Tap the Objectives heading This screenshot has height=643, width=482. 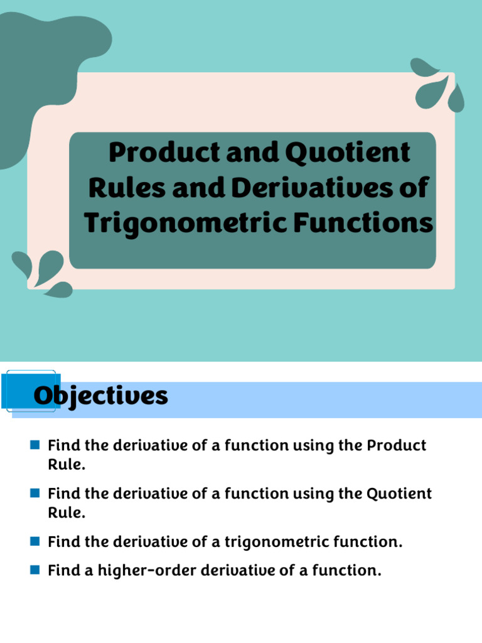pos(100,396)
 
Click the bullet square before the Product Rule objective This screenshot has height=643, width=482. pos(35,445)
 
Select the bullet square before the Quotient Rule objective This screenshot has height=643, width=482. pos(35,493)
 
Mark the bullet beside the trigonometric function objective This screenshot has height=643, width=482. pos(35,541)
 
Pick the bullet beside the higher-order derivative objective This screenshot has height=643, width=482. pos(35,570)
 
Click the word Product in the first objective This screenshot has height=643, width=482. pos(397,446)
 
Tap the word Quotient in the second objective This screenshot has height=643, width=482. pos(399,494)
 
